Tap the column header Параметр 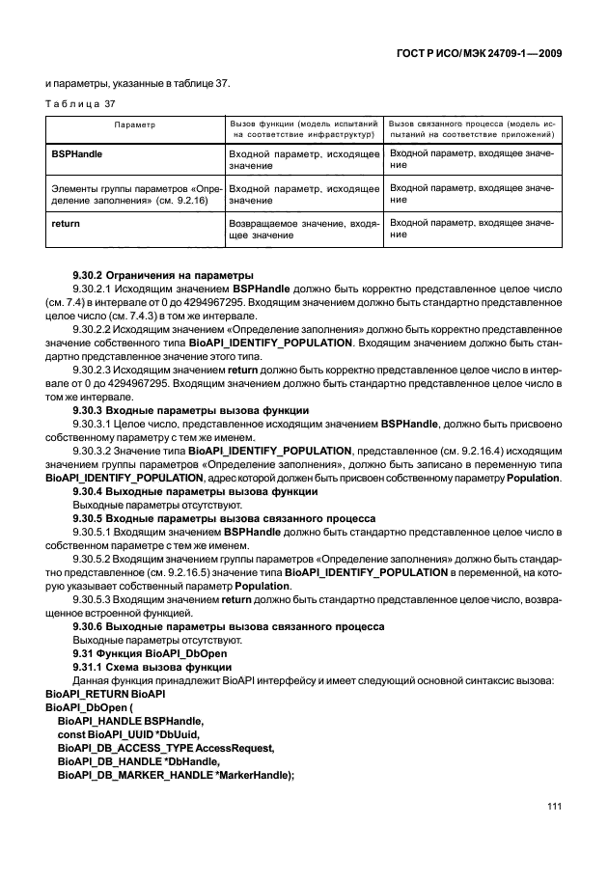[x=134, y=125]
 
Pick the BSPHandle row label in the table [x=76, y=153]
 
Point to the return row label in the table [x=65, y=223]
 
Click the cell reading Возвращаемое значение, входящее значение [x=303, y=229]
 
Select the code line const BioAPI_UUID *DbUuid [x=125, y=733]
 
